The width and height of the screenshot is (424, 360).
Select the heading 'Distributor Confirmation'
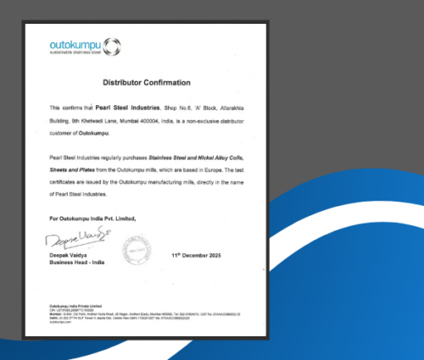click(147, 83)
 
